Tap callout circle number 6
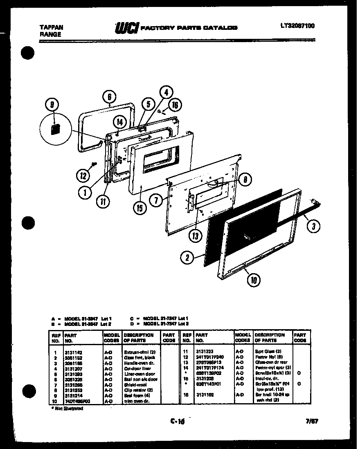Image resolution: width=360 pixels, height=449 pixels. tap(109, 97)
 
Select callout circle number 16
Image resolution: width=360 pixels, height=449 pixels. tap(174, 105)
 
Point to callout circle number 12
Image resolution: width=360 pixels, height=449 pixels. tap(83, 176)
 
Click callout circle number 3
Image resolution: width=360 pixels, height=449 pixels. tap(313, 226)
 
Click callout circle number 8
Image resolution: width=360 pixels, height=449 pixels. tap(245, 179)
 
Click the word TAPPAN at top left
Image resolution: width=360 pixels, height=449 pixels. tap(51, 27)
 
